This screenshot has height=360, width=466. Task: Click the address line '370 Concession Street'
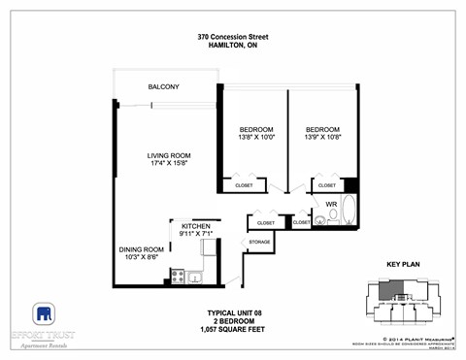(233, 37)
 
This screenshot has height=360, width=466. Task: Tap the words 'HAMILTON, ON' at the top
(233, 47)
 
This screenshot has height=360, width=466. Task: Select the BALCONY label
(163, 87)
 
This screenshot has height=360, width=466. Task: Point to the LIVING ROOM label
(167, 155)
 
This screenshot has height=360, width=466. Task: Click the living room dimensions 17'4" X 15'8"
(167, 164)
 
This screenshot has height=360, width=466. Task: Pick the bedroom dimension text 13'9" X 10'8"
(322, 138)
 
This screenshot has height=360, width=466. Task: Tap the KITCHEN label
(195, 225)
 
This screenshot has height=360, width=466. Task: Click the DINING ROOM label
(142, 248)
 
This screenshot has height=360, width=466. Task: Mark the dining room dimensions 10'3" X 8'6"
(142, 257)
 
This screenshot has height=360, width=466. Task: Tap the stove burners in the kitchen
(178, 276)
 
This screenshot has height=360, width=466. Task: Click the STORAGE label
(259, 242)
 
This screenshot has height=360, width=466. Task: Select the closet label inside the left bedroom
(243, 184)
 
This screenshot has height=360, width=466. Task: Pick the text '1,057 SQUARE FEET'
(234, 329)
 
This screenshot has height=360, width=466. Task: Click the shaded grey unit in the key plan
(389, 290)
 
